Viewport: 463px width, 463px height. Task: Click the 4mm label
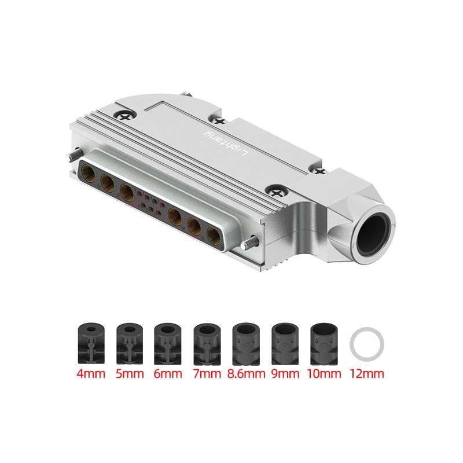pos(91,373)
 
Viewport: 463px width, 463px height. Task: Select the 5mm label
pos(130,373)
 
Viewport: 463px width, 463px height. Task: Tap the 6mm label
pos(168,373)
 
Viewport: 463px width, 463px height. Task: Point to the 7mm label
pos(207,373)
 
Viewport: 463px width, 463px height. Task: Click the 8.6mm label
pos(247,373)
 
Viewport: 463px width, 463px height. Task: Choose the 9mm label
pos(285,373)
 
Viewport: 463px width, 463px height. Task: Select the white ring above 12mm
pos(368,343)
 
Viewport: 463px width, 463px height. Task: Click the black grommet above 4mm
pos(91,343)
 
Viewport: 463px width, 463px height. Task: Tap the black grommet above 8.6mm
pos(247,343)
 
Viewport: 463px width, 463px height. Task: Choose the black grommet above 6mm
pos(168,343)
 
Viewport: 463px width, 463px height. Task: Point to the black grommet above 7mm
pos(207,343)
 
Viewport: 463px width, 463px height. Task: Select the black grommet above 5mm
pos(130,343)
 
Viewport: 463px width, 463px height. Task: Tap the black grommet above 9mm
pos(285,343)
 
